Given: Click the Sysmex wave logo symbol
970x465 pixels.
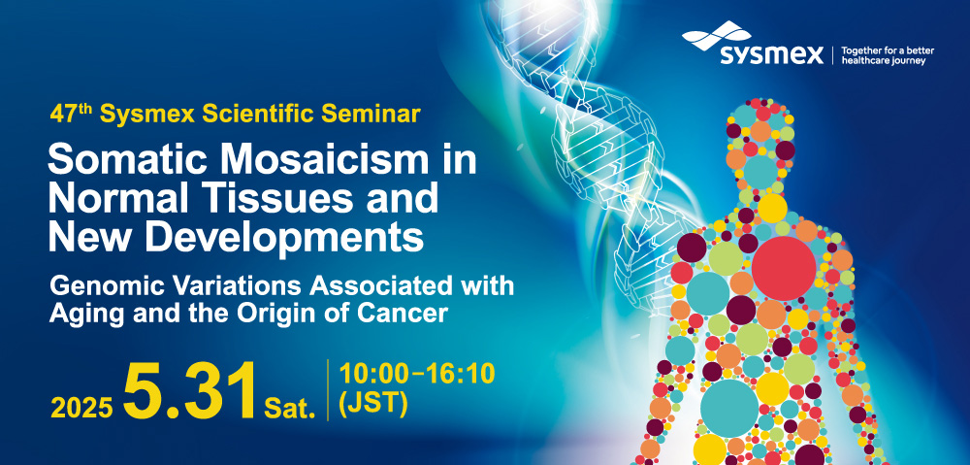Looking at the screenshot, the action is click(717, 35).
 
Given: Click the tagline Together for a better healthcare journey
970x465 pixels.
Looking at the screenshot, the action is click(888, 55).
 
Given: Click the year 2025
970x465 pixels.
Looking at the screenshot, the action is click(81, 407).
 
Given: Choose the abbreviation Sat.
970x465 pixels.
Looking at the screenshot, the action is click(290, 408).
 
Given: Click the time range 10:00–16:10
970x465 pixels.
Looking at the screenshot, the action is click(417, 374).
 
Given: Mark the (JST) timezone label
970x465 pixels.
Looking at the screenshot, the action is click(373, 404).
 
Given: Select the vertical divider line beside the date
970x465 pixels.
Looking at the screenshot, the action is click(327, 390).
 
